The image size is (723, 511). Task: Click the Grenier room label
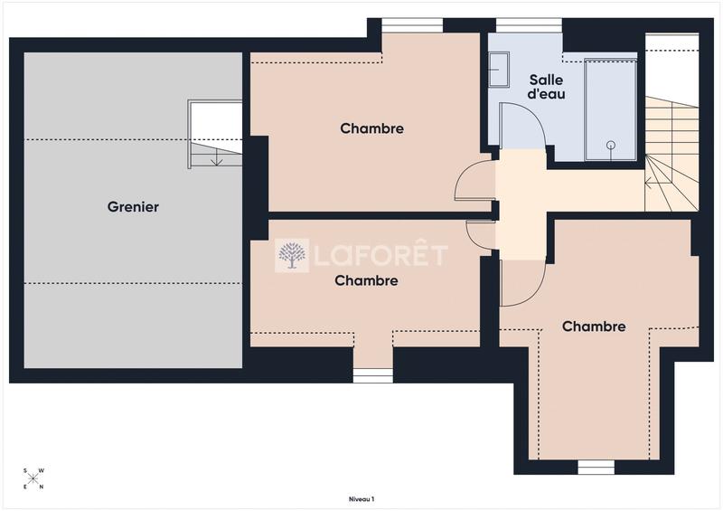(x=133, y=207)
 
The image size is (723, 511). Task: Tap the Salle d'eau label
(x=546, y=87)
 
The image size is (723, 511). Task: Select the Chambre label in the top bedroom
(x=371, y=128)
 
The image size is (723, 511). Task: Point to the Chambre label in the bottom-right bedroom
(x=594, y=326)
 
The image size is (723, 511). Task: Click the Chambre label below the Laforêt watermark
(x=366, y=280)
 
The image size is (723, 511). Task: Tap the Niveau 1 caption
(x=361, y=499)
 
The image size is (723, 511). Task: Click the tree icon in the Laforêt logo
(x=292, y=256)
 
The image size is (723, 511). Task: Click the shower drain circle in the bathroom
(x=611, y=145)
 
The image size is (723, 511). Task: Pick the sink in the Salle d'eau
(x=498, y=69)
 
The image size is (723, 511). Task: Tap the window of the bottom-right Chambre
(x=596, y=467)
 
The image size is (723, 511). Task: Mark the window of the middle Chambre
(x=372, y=375)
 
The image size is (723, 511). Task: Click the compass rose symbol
(x=34, y=478)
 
